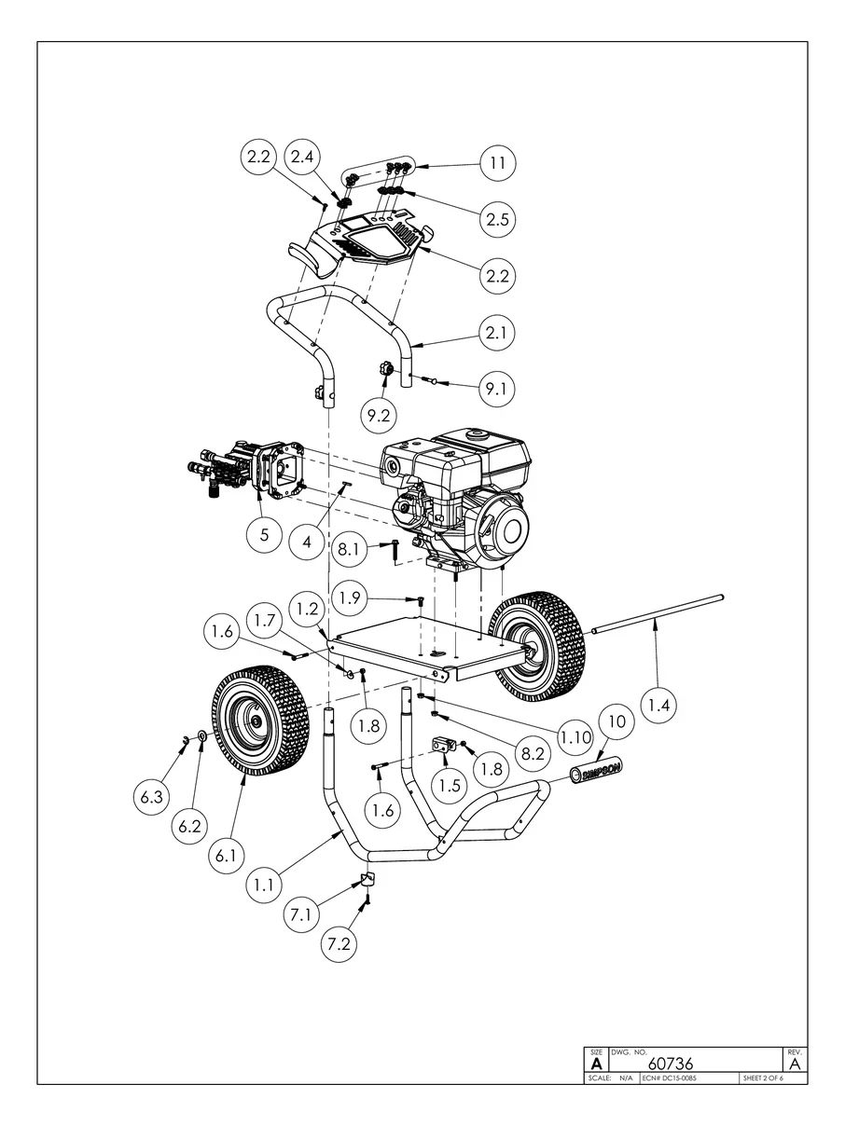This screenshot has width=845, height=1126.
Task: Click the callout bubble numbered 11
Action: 497,164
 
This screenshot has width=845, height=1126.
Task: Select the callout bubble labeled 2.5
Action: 497,219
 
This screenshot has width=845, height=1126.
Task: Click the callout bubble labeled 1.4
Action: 658,706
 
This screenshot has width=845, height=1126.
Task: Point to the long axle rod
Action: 658,614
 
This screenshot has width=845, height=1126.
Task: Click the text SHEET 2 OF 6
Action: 762,1078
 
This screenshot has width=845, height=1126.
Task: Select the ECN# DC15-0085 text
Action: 670,1078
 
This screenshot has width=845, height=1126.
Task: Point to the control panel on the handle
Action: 373,238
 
